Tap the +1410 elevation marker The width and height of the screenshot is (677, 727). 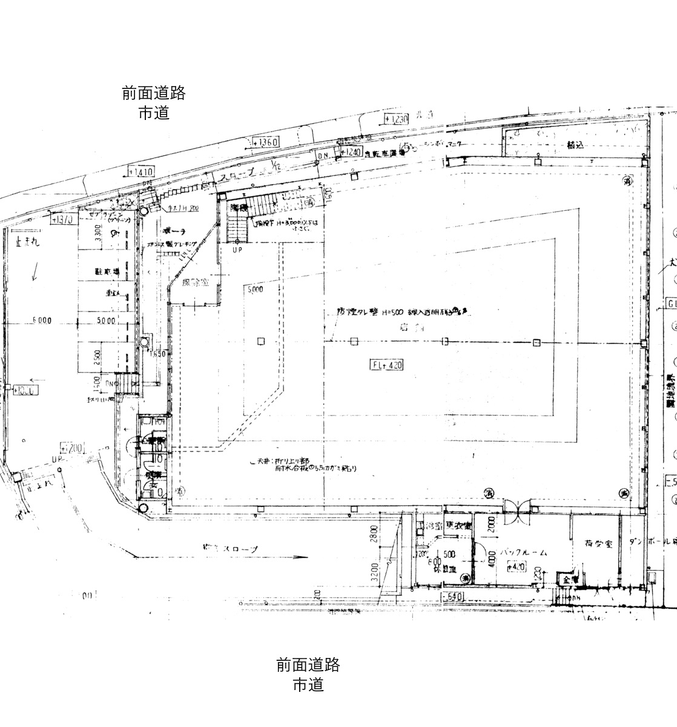pos(141,172)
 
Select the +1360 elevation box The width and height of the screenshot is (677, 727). pos(265,142)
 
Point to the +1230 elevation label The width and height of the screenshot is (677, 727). pos(397,119)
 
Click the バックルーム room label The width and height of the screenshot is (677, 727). pos(524,552)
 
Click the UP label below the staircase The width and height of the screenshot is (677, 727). pos(237,249)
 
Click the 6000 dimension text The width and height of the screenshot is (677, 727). pos(42,320)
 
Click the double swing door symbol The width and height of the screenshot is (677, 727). pos(518,505)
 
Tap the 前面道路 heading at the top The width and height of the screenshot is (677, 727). pos(153,93)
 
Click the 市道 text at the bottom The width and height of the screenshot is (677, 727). pos(308,685)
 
